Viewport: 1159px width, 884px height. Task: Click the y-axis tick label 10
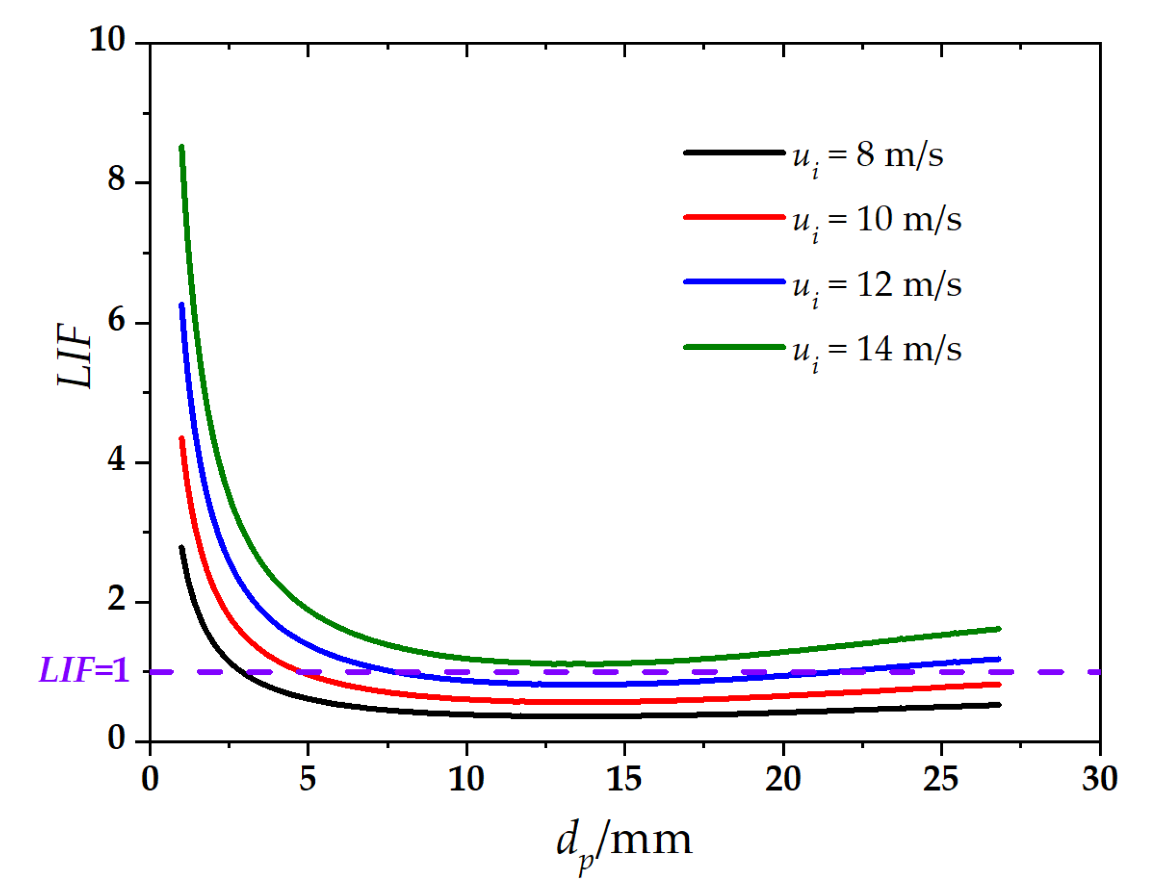pos(108,39)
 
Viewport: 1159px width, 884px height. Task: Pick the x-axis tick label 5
pos(308,779)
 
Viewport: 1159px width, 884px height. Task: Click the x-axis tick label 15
pos(624,779)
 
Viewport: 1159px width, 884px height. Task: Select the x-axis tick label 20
pos(783,779)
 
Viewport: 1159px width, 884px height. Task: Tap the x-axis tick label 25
pos(940,779)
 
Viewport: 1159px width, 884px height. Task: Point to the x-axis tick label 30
pos(1100,779)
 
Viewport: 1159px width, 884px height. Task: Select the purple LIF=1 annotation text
pos(84,671)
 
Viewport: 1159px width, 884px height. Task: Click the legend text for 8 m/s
pos(868,156)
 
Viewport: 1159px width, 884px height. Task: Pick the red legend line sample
pos(734,217)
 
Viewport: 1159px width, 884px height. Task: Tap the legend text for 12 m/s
pos(877,286)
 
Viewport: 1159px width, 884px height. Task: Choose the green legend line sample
pos(734,347)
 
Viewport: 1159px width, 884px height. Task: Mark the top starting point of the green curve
pos(181,147)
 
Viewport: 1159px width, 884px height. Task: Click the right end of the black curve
pos(998,705)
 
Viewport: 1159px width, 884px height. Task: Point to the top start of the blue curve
pos(181,305)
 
